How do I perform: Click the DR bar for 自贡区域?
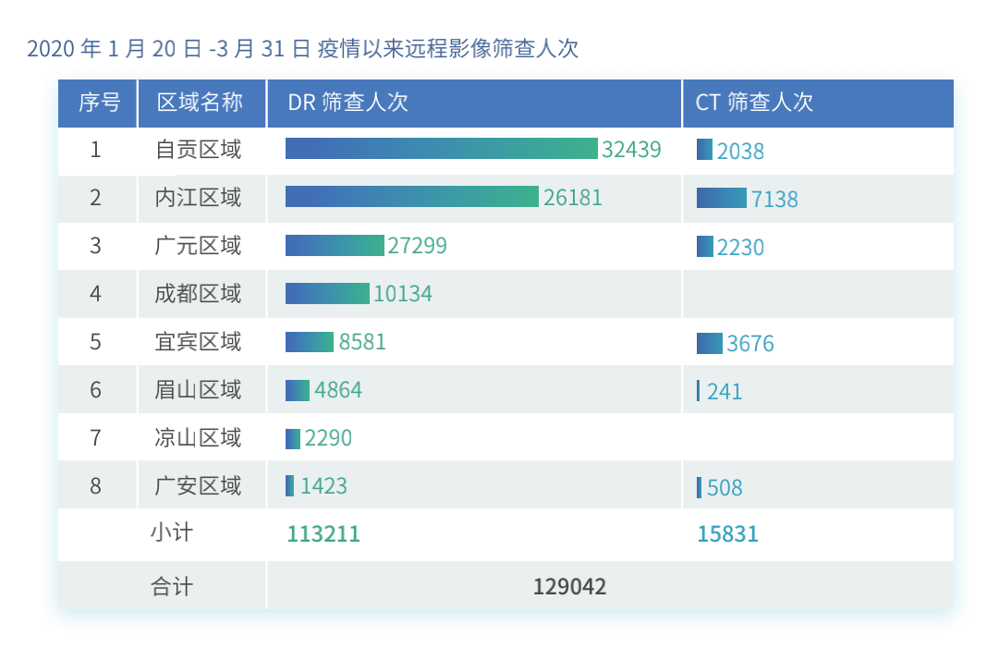[441, 149]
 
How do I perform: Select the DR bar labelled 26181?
[411, 197]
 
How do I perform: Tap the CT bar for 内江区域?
[721, 198]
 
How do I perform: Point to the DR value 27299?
[417, 246]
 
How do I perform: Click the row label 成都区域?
[198, 294]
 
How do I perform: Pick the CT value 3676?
[750, 344]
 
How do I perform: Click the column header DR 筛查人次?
[348, 103]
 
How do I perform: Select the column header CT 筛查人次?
[754, 103]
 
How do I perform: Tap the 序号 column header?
[99, 103]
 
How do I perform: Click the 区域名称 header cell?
[200, 103]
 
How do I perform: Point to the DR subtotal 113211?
[323, 534]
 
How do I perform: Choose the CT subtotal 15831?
[727, 534]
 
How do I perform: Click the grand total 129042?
[569, 586]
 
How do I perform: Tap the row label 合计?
[172, 586]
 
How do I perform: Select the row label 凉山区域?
[198, 437]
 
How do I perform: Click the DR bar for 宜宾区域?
[310, 342]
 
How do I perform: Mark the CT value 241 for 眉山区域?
[725, 392]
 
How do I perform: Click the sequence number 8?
[96, 485]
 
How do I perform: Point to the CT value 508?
[725, 488]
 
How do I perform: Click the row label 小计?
[172, 533]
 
